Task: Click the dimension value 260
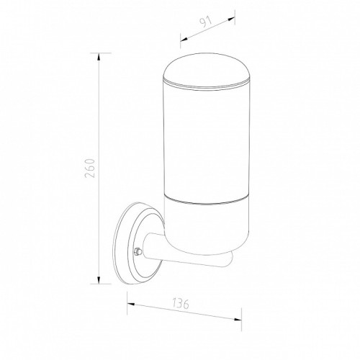click(90, 168)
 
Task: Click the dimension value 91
click(206, 22)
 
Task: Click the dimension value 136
click(181, 303)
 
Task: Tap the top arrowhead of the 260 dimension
click(99, 57)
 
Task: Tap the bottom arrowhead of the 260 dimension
click(99, 280)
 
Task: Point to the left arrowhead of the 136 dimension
click(131, 305)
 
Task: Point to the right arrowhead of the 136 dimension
click(238, 319)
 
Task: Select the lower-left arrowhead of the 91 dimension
click(184, 40)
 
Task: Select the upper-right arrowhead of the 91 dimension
click(231, 19)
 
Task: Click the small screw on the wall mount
click(138, 251)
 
